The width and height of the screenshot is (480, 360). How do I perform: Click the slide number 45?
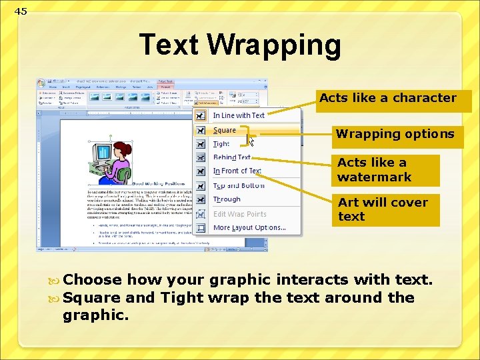[x=21, y=11]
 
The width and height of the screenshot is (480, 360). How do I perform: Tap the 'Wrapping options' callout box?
[x=395, y=134]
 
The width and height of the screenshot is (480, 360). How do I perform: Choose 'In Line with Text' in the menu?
[x=238, y=115]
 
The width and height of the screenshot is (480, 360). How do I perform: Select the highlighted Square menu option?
[x=225, y=130]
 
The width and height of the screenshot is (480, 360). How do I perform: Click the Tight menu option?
[x=221, y=144]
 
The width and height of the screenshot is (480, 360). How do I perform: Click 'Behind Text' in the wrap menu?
[x=231, y=157]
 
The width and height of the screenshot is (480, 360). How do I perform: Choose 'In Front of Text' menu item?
[x=237, y=171]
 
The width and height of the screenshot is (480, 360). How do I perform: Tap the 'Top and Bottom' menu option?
[x=238, y=185]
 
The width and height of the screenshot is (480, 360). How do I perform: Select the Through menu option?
[x=227, y=199]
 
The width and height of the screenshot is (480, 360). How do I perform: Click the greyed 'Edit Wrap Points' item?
[x=239, y=214]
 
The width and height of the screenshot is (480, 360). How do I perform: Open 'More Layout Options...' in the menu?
[x=249, y=228]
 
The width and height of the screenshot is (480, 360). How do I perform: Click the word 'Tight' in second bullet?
[x=182, y=297]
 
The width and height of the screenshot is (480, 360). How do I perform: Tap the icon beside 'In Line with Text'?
[x=201, y=115]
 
